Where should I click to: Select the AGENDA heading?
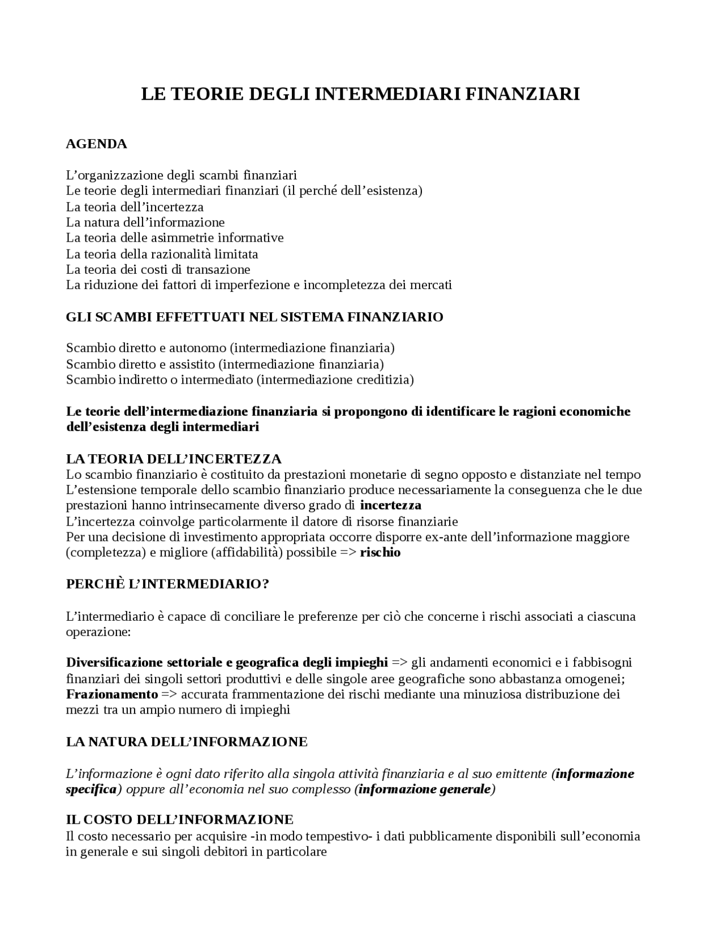[x=96, y=144]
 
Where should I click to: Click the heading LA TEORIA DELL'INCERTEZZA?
[x=174, y=459]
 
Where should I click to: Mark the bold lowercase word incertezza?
[x=390, y=505]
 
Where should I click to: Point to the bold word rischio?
[x=380, y=553]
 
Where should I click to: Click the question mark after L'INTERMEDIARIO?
[x=265, y=584]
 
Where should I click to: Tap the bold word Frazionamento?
[x=111, y=694]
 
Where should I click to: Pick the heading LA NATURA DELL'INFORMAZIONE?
[x=187, y=742]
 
